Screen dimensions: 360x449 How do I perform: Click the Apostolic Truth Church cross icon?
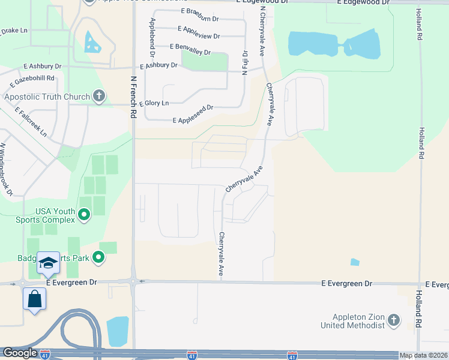pyautogui.click(x=99, y=96)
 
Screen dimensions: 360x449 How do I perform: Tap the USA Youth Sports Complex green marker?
pyautogui.click(x=84, y=214)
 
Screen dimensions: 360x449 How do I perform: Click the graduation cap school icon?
pyautogui.click(x=48, y=263)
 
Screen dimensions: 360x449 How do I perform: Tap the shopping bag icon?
pyautogui.click(x=34, y=298)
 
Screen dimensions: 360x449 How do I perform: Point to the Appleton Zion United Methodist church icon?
pyautogui.click(x=394, y=320)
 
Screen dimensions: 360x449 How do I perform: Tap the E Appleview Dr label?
pyautogui.click(x=199, y=29)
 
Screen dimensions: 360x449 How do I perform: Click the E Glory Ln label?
pyautogui.click(x=154, y=103)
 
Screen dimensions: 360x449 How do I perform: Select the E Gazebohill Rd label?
pyautogui.click(x=31, y=78)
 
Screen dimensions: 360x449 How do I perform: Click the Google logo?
pyautogui.click(x=20, y=353)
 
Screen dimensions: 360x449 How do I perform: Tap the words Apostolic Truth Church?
pyautogui.click(x=47, y=96)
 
